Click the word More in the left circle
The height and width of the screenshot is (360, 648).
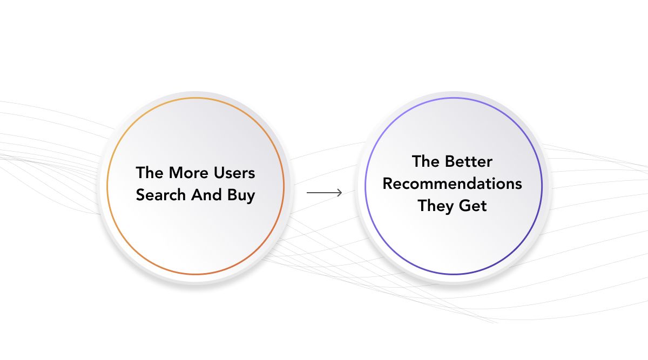coord(188,173)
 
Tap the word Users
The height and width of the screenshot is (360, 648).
coord(234,173)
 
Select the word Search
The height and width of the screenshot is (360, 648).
coord(160,195)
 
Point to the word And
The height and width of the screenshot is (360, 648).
coord(206,195)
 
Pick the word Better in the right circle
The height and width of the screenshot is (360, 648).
coord(469,161)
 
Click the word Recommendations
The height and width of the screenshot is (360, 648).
coord(452,184)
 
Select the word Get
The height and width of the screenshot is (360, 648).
coord(473,206)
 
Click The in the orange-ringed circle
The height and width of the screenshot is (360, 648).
coord(149,173)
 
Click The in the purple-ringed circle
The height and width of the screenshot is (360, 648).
coord(426,161)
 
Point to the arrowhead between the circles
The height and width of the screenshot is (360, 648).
coord(339,193)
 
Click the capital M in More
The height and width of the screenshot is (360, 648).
coord(175,173)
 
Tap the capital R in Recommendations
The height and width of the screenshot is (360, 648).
coord(388,184)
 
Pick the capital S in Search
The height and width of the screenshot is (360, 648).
coord(140,195)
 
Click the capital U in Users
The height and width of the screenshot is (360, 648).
coord(219,173)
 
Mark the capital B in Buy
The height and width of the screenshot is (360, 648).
coord(232,195)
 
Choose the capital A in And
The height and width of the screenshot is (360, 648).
coord(197,195)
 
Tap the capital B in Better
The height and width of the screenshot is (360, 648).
coord(450,161)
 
